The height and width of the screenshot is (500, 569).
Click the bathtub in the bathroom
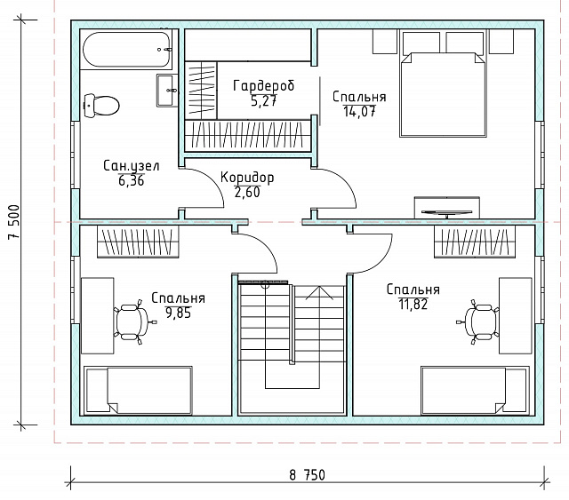pos(126,50)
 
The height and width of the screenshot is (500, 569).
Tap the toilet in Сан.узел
pos(101,106)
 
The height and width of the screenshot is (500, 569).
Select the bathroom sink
pos(167,91)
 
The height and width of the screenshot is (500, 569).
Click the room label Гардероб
pos(264,86)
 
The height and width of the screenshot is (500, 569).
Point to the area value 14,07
pos(359,111)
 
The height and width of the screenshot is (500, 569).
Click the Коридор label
pos(247,178)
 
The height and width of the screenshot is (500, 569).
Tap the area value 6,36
pos(132,180)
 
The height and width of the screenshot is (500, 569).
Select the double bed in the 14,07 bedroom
pos(443,95)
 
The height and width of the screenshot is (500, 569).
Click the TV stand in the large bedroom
pos(447,208)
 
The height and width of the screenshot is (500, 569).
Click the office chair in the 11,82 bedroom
pos(478,321)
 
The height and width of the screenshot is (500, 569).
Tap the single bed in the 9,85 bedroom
pos(139,390)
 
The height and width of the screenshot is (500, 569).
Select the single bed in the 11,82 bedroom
pos(475,390)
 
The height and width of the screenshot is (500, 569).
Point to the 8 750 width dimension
pos(308,474)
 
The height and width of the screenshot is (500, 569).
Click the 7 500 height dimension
pos(14,222)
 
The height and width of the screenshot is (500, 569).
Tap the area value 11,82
pos(413,304)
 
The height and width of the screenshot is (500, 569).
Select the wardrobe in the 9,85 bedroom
pos(139,242)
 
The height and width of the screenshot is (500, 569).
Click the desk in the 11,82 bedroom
pos(516,316)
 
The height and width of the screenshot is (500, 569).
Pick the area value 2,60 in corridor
pos(247,192)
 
